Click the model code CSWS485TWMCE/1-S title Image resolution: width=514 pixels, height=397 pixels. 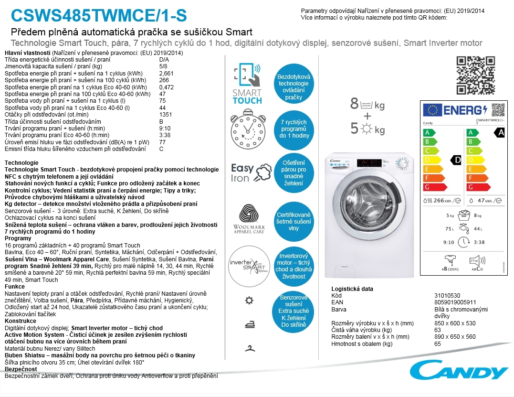click(x=98, y=16)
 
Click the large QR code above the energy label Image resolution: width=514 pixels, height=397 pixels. click(x=475, y=75)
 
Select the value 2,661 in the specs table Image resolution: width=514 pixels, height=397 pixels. click(x=167, y=73)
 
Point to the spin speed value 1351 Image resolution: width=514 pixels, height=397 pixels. click(x=165, y=115)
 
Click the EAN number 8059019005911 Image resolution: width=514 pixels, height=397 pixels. click(x=455, y=302)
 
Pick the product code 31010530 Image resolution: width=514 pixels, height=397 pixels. click(x=447, y=296)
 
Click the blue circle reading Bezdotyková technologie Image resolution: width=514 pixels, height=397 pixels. click(x=294, y=87)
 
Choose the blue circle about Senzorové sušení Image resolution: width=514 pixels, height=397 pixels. click(x=294, y=311)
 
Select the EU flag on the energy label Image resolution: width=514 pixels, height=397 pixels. click(x=433, y=110)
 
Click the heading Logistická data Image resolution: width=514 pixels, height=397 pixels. click(x=352, y=289)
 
